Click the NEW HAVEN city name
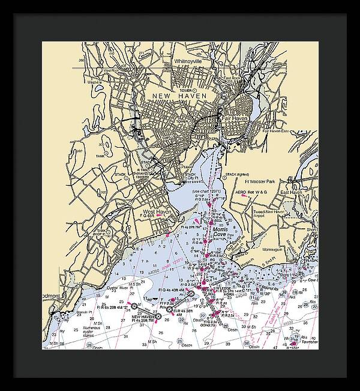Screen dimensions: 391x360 point(179,96)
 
